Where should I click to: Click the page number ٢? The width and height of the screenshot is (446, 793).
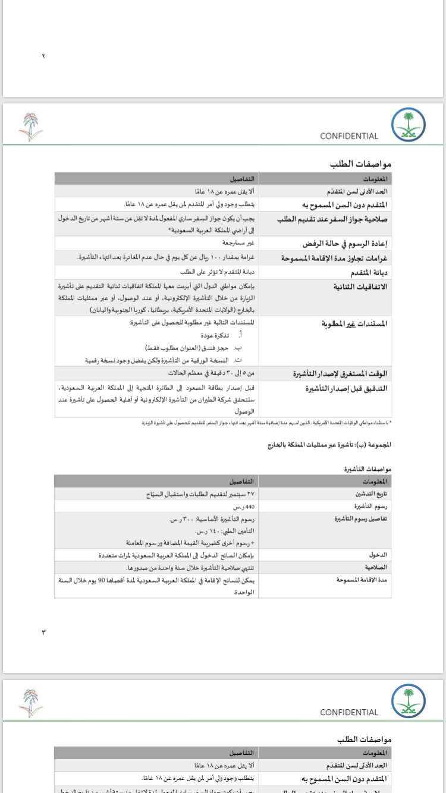point(43,56)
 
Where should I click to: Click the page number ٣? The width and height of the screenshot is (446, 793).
point(43,632)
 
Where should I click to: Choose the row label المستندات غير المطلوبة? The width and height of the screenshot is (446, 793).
point(354,324)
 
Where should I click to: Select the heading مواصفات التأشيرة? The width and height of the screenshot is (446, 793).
point(368,469)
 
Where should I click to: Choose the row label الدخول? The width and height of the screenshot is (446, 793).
point(378,555)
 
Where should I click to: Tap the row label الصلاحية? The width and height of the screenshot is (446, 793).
point(375,568)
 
